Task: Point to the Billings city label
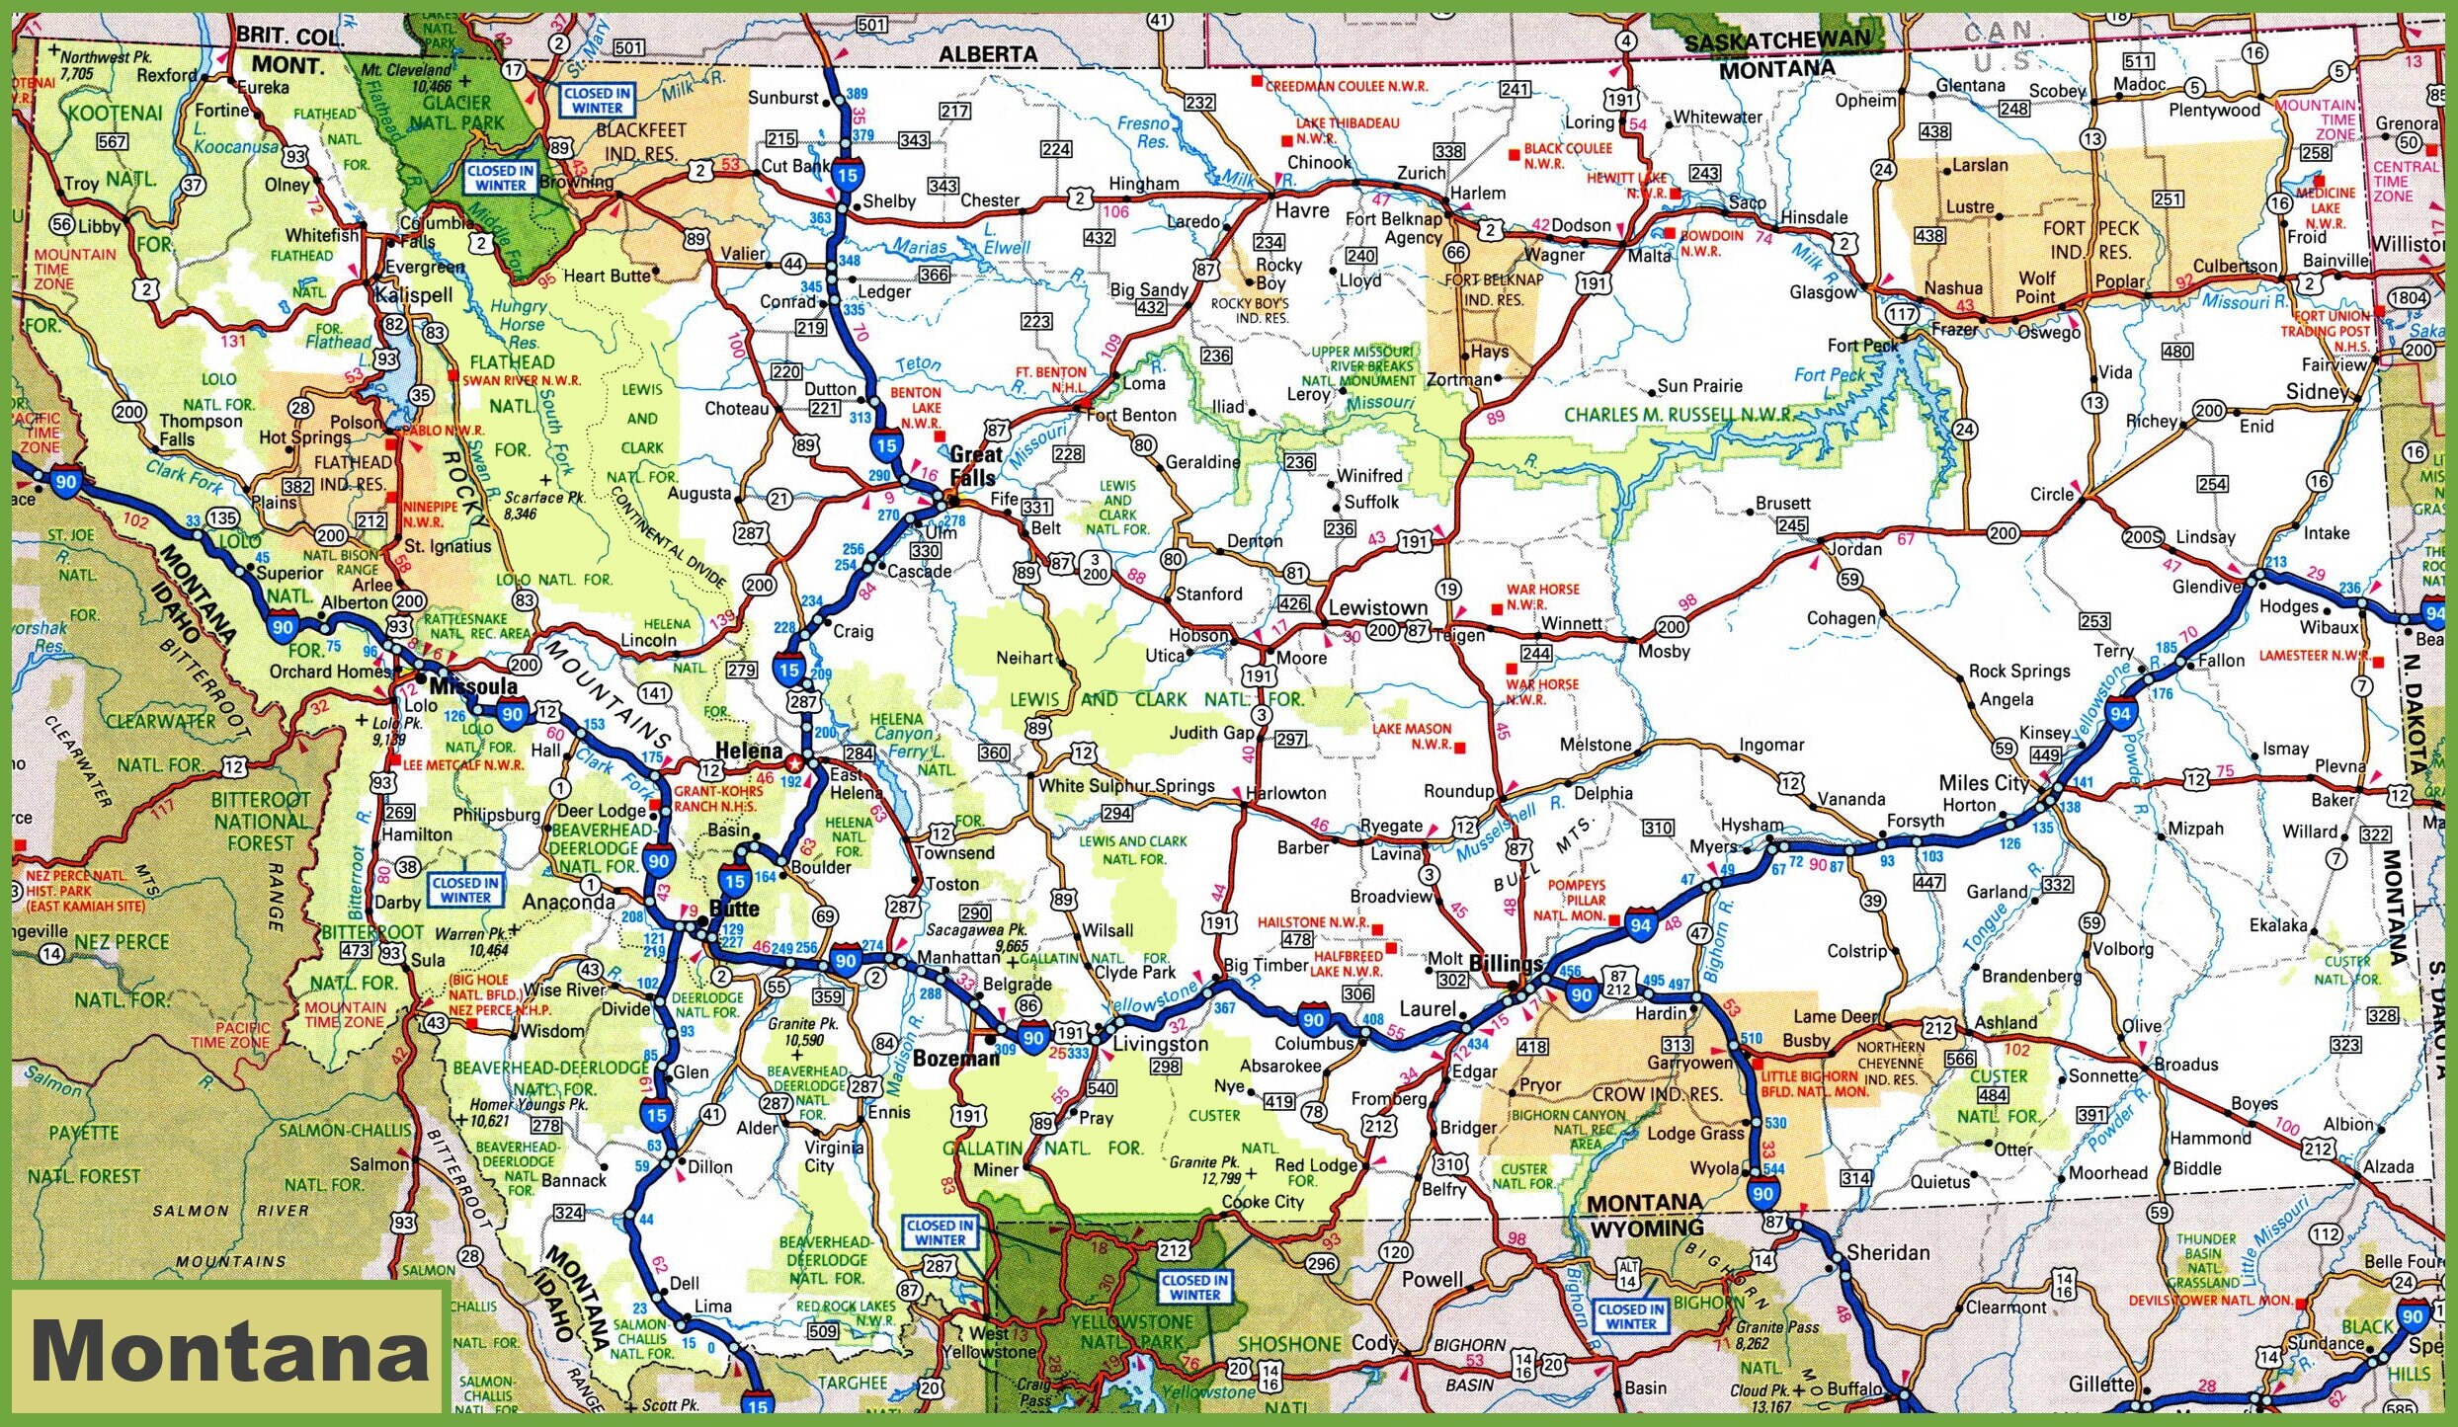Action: coord(1506,964)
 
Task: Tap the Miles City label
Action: coord(1983,783)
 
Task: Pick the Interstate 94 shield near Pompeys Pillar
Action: coord(1641,925)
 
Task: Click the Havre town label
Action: coord(1302,210)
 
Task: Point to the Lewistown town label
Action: coord(1377,607)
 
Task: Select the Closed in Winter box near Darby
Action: coord(464,890)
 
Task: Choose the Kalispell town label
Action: coord(413,294)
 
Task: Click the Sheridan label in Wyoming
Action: coord(1887,1252)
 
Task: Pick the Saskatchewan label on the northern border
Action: coord(1777,41)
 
